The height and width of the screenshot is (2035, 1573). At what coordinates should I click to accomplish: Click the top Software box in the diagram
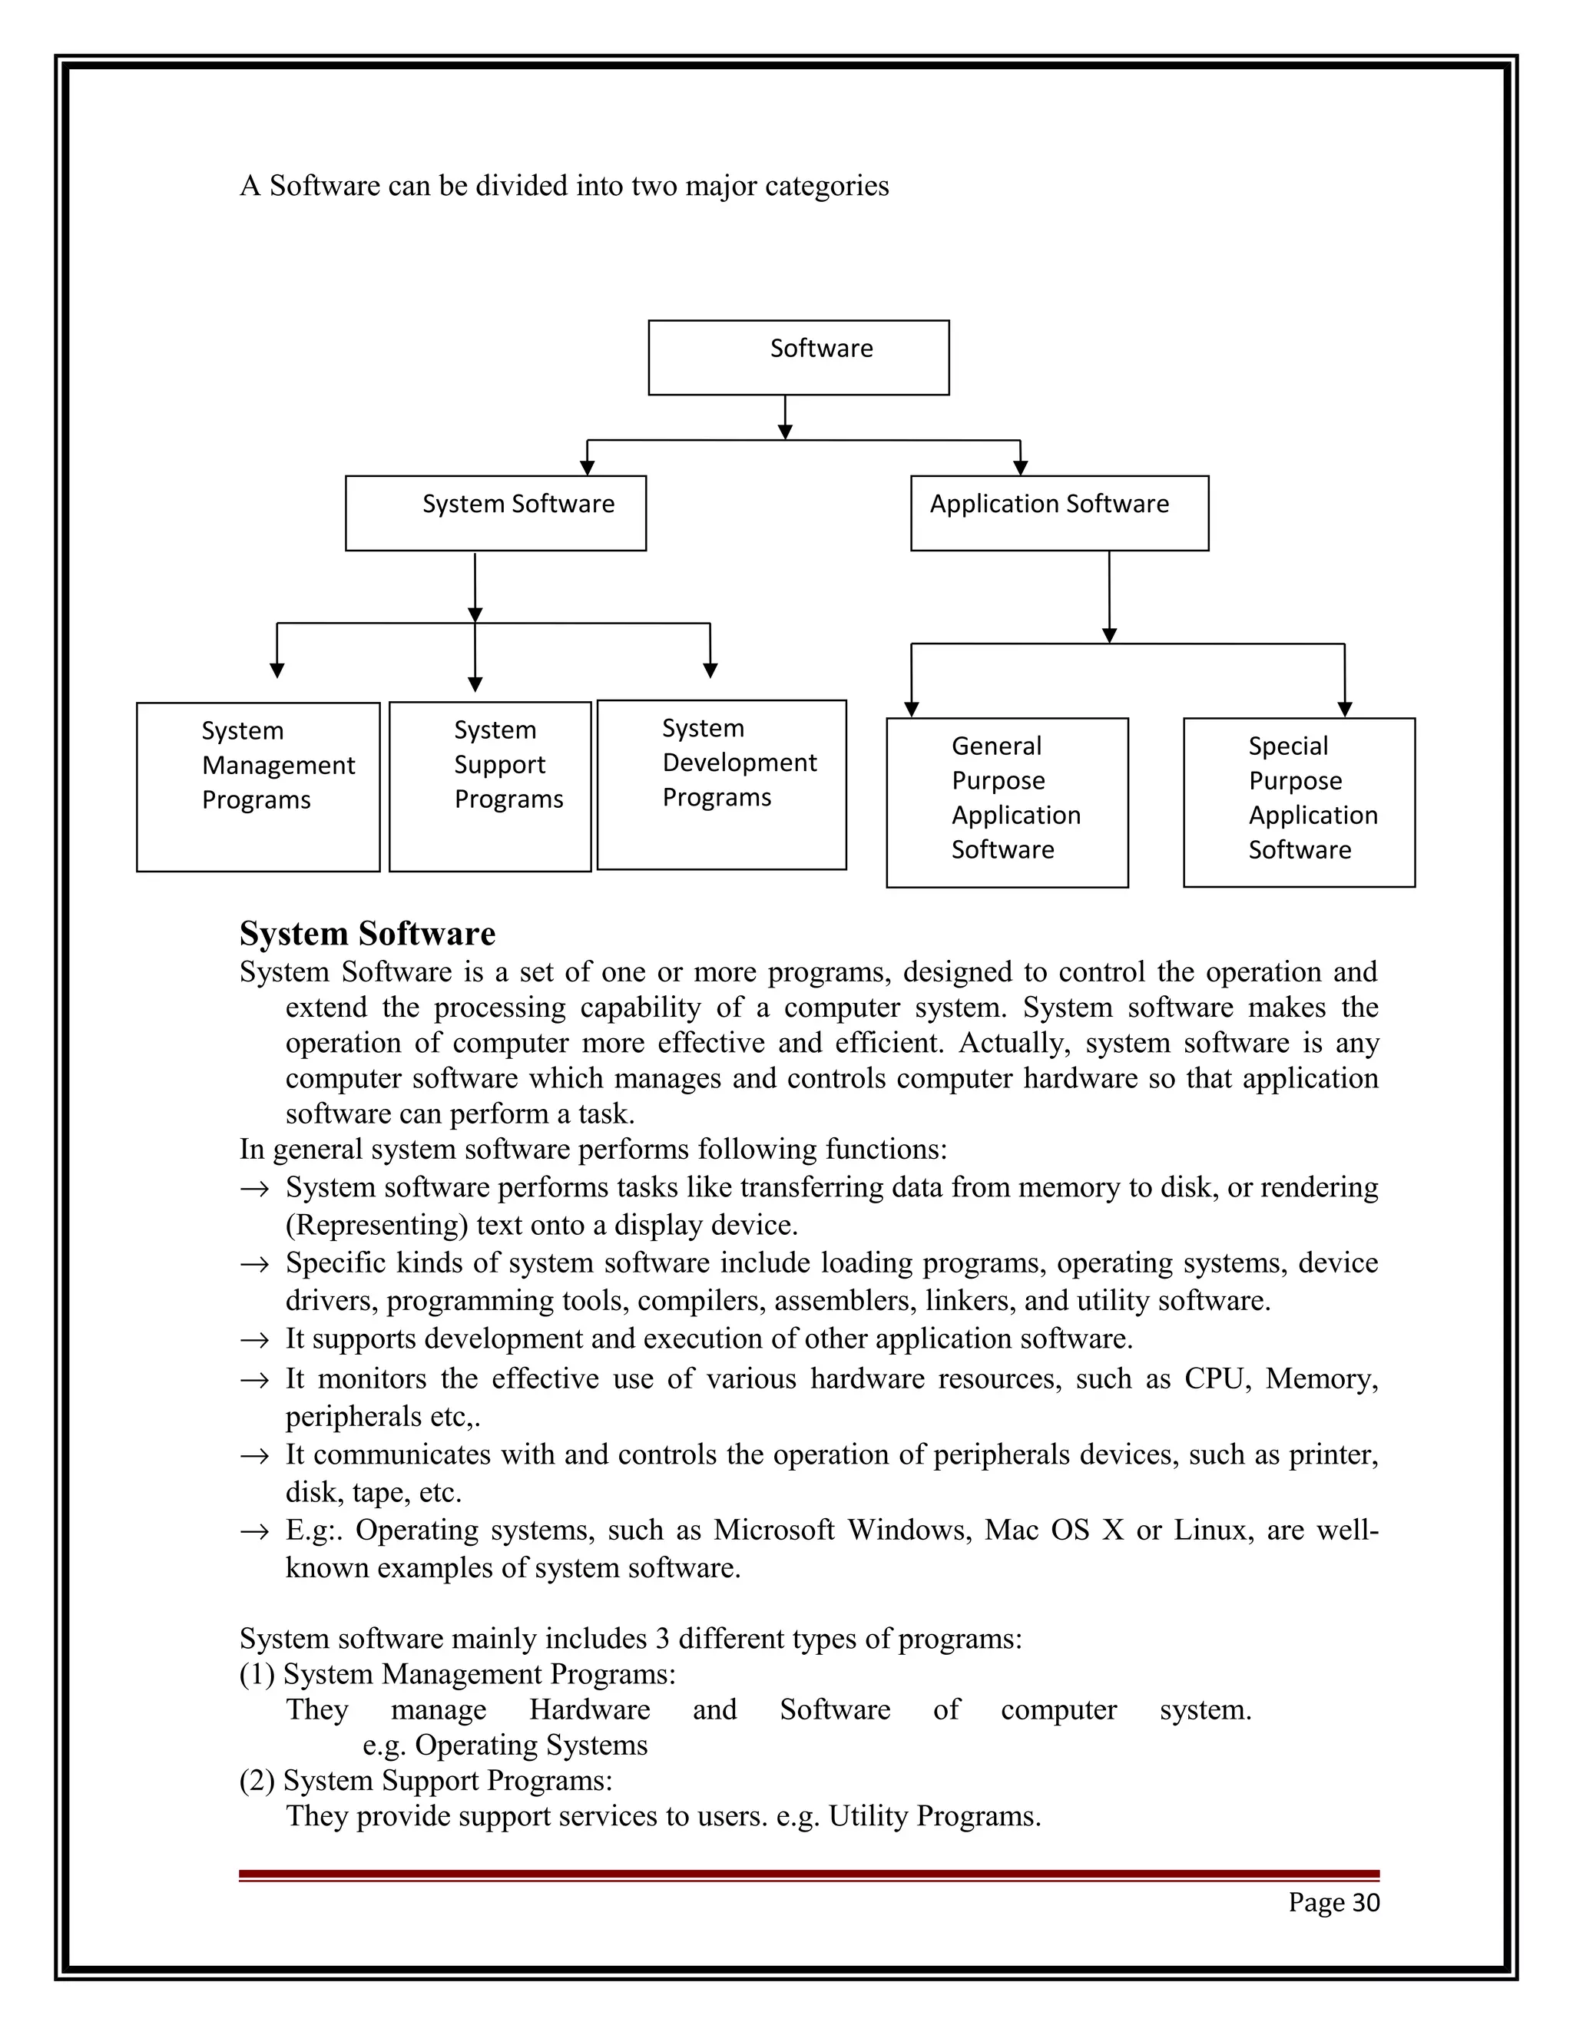[x=799, y=358]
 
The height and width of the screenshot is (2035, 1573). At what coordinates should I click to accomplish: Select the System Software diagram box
[x=495, y=514]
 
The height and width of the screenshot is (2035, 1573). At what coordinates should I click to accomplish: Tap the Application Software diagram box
[x=1058, y=514]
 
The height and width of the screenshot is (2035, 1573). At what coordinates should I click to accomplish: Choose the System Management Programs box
[x=258, y=786]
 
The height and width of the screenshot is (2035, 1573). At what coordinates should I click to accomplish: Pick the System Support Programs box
[x=490, y=786]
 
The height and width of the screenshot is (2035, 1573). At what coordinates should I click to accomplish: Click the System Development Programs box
[x=721, y=785]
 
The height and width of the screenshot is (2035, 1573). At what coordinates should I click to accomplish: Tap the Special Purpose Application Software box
[x=1298, y=802]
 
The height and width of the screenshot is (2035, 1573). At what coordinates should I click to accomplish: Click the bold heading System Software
[x=367, y=934]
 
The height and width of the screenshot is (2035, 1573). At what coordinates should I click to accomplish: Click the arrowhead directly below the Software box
[x=785, y=432]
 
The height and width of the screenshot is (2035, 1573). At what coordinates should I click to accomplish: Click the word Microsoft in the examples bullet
[x=773, y=1530]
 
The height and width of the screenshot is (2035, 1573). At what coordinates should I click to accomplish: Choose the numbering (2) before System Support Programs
[x=257, y=1781]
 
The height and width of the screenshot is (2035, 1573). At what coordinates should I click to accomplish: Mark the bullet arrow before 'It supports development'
[x=253, y=1341]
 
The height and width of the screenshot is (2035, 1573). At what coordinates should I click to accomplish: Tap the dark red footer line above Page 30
[x=809, y=1874]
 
